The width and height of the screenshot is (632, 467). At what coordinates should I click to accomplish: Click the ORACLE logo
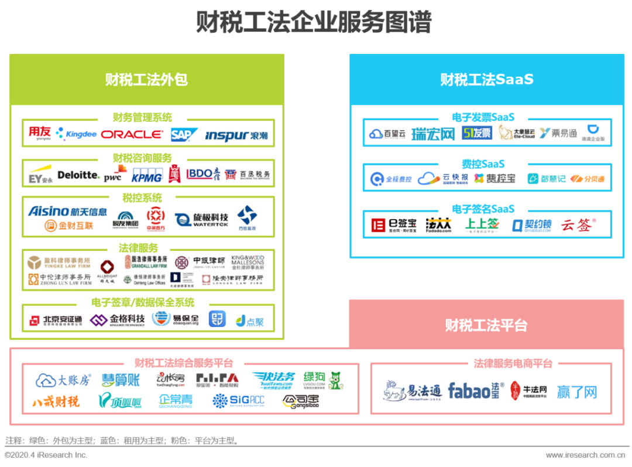tap(132, 134)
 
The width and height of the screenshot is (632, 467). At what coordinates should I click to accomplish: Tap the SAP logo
tap(184, 135)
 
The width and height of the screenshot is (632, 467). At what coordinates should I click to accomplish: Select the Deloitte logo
tap(78, 175)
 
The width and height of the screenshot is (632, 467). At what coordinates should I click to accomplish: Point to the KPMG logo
tap(146, 175)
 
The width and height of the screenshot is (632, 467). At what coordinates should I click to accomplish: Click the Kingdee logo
tap(77, 134)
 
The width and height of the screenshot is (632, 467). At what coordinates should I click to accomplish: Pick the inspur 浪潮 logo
tap(236, 135)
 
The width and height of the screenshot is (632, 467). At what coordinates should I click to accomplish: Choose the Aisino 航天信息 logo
tap(68, 212)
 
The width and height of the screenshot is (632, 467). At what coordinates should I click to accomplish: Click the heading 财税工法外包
tap(146, 80)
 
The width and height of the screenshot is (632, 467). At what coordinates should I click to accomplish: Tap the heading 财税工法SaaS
tap(487, 80)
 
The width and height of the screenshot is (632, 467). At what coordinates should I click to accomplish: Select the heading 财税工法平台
tap(486, 325)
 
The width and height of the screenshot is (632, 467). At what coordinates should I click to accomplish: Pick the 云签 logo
tap(578, 224)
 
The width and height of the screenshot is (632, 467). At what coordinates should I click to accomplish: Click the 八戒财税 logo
tap(56, 401)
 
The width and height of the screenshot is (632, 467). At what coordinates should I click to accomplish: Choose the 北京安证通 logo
tap(56, 320)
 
